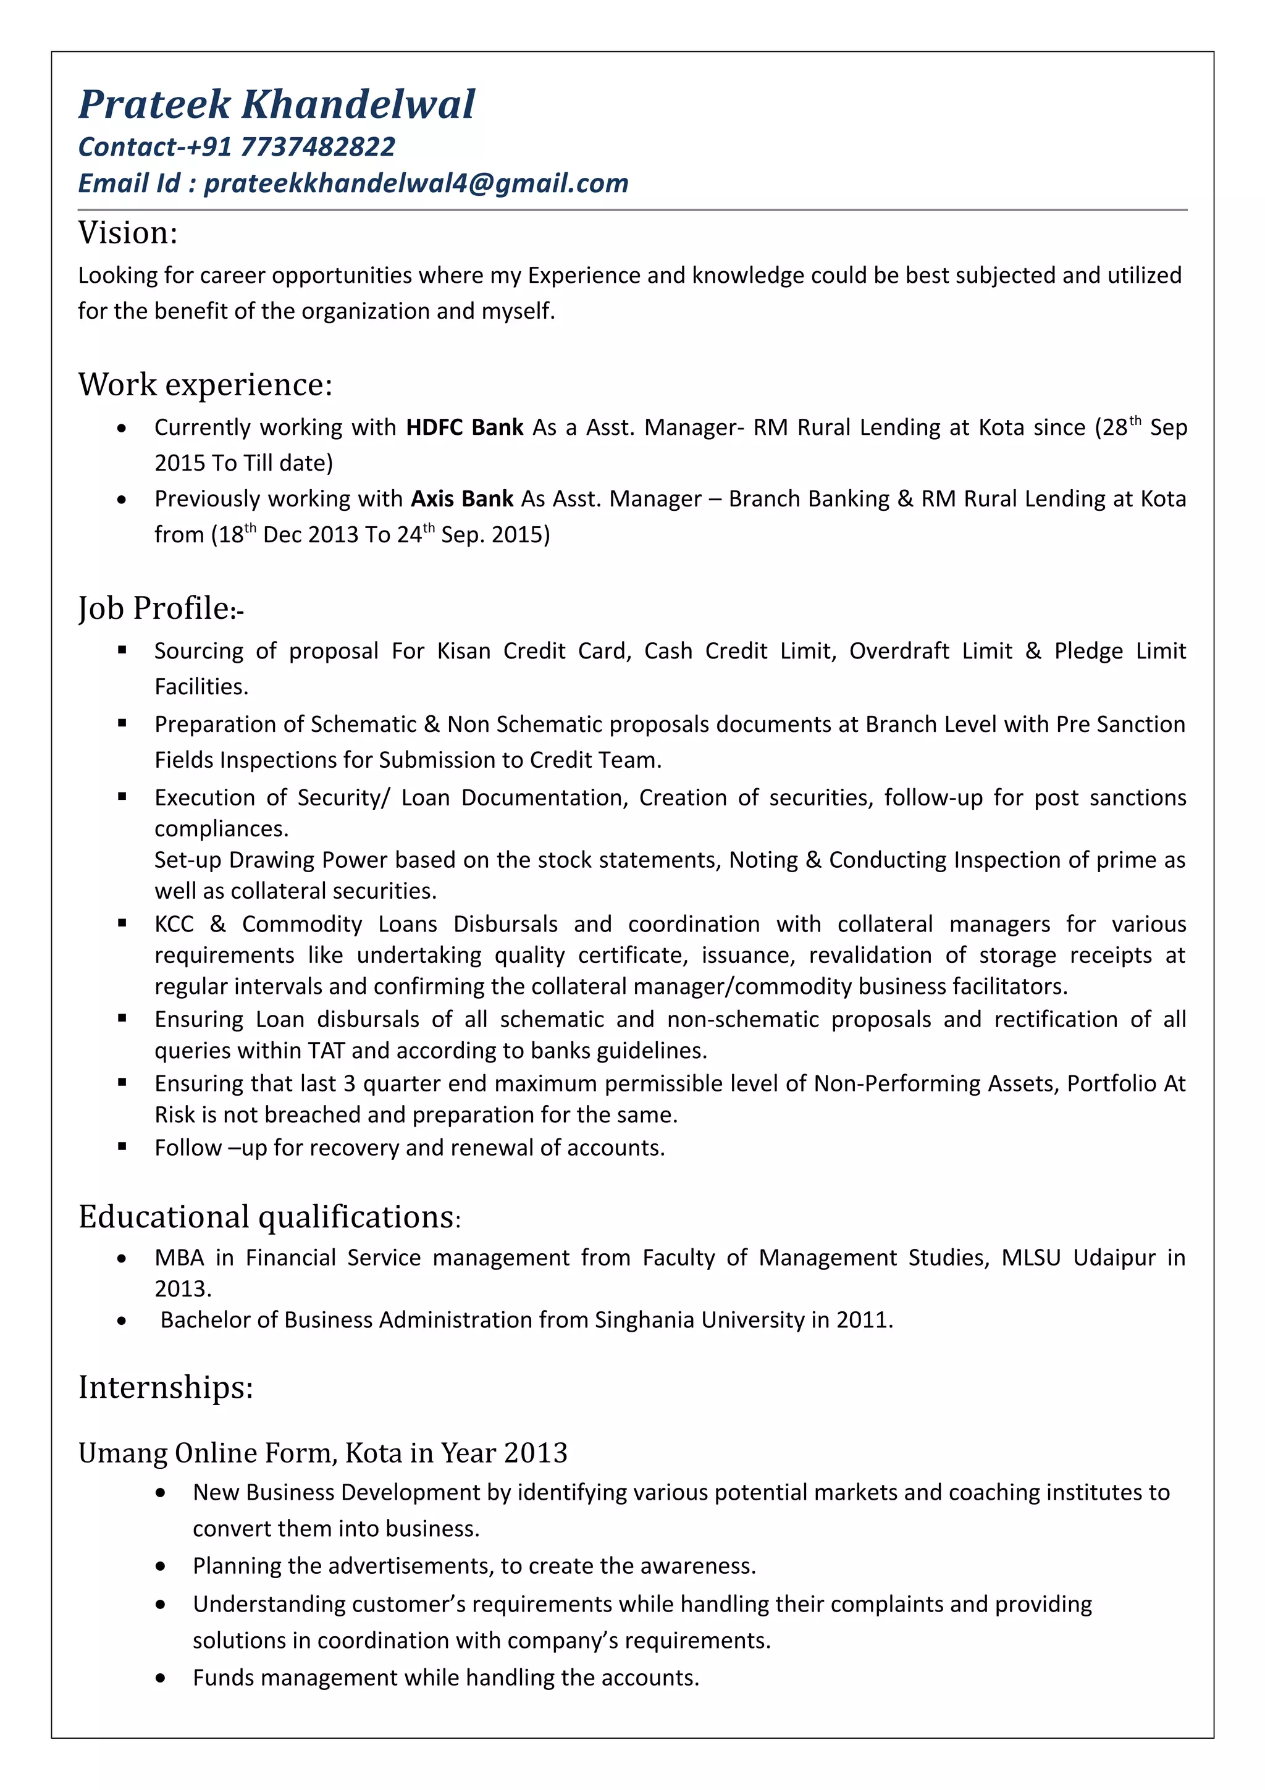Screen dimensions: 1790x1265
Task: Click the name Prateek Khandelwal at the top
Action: (x=276, y=104)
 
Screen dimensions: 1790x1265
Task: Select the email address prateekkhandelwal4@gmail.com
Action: (x=416, y=183)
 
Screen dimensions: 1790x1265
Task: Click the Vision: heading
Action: (x=128, y=232)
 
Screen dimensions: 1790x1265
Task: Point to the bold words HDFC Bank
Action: (x=464, y=427)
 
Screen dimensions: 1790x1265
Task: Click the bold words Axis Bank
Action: (x=461, y=498)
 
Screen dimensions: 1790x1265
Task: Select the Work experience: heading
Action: (x=205, y=384)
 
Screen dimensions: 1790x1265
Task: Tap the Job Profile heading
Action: (x=160, y=608)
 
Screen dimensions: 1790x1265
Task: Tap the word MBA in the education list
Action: (x=179, y=1258)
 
